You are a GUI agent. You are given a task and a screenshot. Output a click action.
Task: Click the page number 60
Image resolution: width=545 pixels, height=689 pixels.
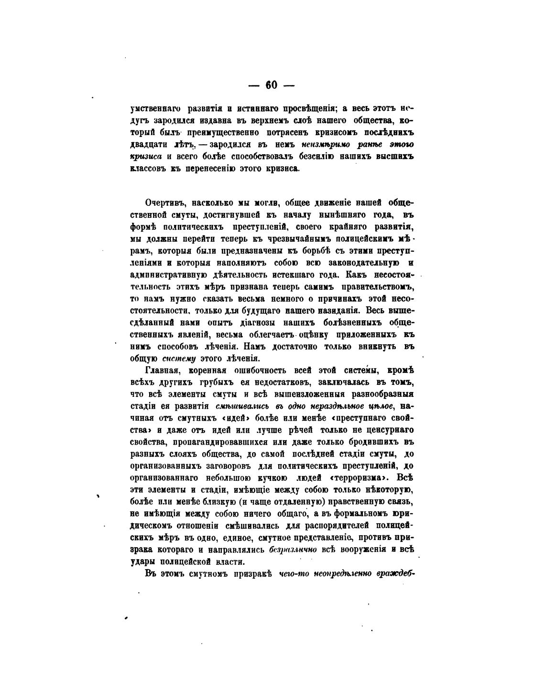[271, 85]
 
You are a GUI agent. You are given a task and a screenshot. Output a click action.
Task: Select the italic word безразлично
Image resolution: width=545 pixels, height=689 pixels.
[294, 549]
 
